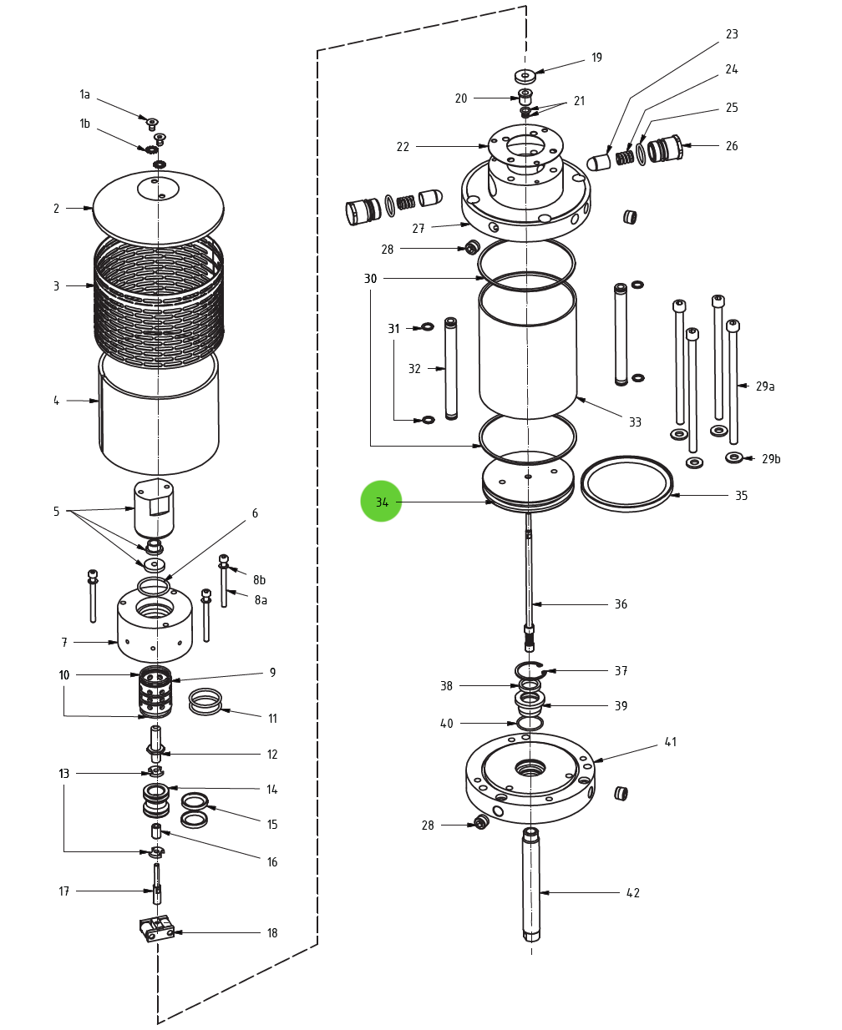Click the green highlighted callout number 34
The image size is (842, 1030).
click(382, 502)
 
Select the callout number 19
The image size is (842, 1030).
click(596, 58)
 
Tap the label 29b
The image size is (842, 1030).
click(771, 459)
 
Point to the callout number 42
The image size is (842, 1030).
click(633, 893)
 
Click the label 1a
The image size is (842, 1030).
click(84, 95)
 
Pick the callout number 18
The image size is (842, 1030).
click(272, 933)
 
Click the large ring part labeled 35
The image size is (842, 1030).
click(626, 484)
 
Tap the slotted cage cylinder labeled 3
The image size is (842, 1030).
click(158, 300)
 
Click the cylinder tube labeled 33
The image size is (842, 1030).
click(528, 355)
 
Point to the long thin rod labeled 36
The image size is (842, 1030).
click(529, 576)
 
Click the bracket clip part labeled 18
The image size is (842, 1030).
click(156, 928)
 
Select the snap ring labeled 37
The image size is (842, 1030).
click(530, 669)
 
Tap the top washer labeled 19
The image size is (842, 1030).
click(525, 76)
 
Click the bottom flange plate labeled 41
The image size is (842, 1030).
click(530, 780)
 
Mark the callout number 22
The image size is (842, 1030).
click(403, 147)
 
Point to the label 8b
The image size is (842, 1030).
click(260, 580)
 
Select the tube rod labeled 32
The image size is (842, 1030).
click(451, 368)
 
